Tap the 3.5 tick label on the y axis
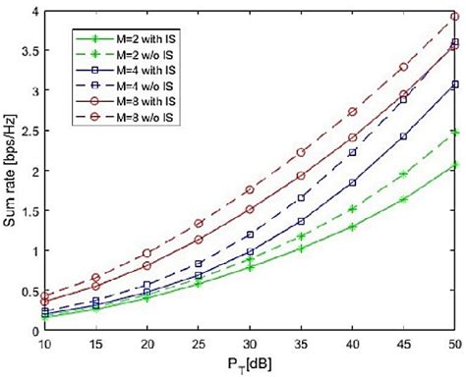[x=25, y=50]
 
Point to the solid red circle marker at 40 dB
[x=352, y=137]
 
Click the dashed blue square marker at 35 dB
[x=301, y=198]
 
